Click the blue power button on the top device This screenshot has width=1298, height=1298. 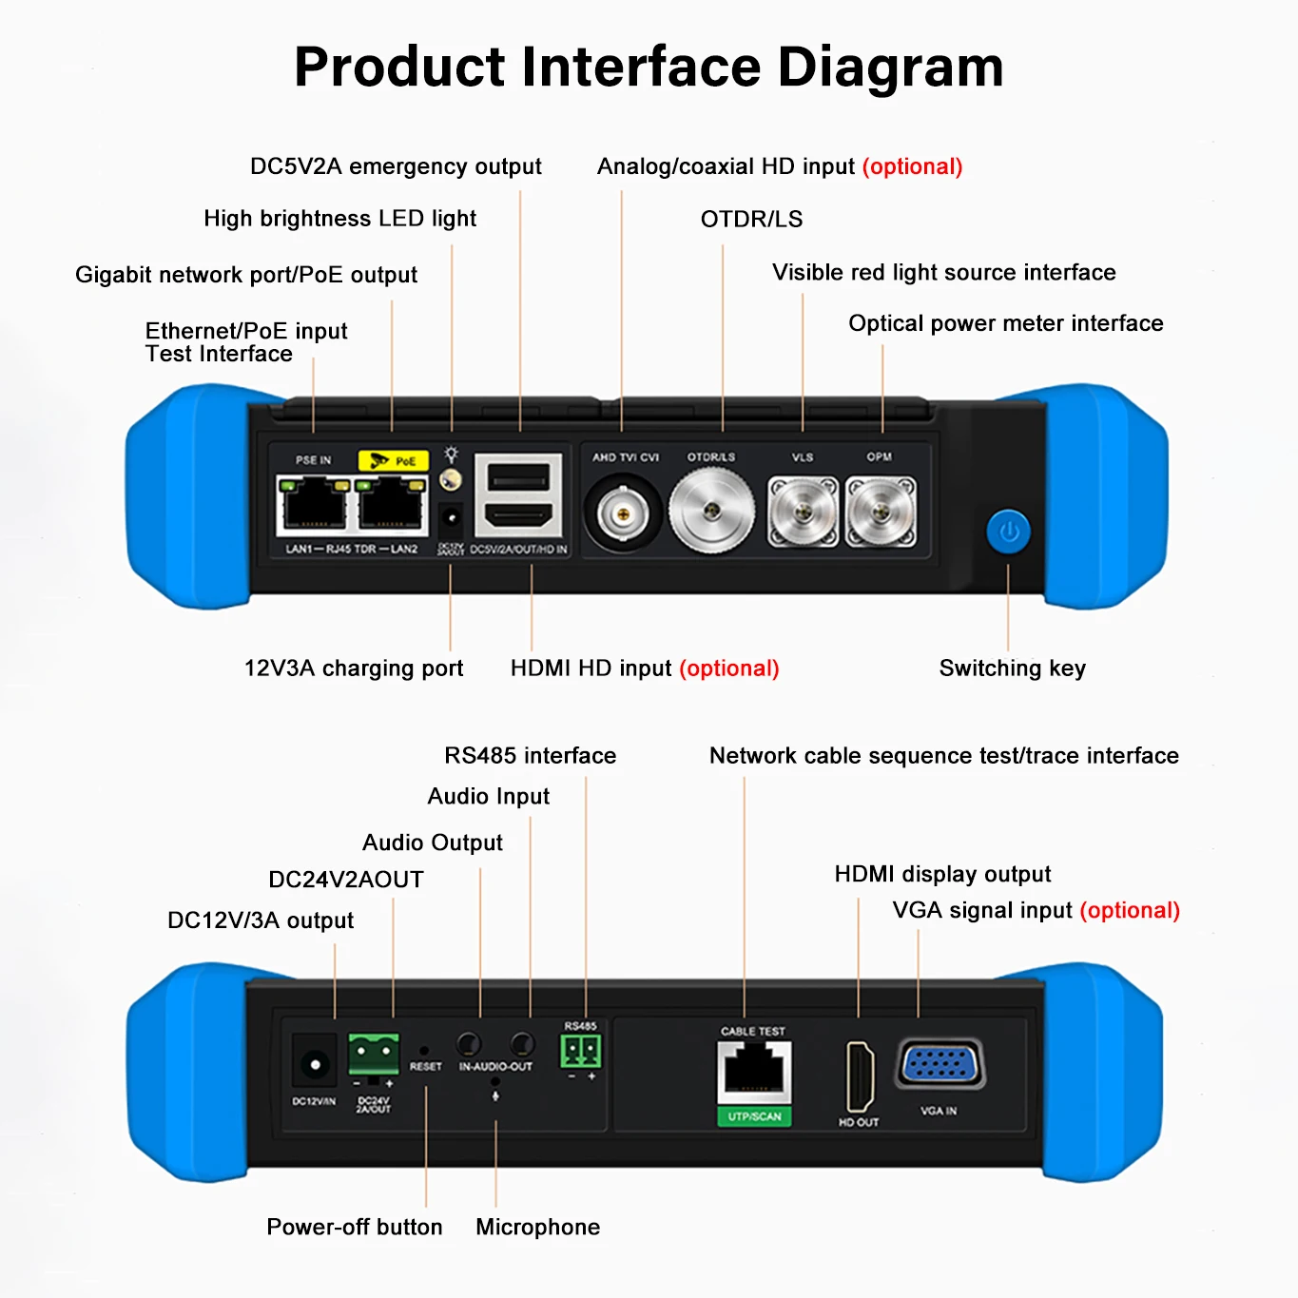[x=1009, y=533]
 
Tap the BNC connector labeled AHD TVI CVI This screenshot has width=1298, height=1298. [x=623, y=514]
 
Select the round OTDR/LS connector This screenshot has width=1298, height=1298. [x=711, y=512]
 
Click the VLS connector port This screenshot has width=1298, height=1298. [x=803, y=513]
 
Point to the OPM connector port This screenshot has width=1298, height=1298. [x=881, y=513]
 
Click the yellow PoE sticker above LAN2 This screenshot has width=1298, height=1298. [x=393, y=461]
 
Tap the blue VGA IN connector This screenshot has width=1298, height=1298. [x=940, y=1064]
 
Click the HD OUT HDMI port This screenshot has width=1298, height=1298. [x=860, y=1076]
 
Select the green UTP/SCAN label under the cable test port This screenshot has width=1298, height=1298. [x=754, y=1116]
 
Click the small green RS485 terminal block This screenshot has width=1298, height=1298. [x=580, y=1052]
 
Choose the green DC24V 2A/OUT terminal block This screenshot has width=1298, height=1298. [x=374, y=1055]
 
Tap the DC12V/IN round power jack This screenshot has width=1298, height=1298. [x=314, y=1062]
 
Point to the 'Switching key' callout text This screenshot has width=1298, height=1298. [x=1012, y=668]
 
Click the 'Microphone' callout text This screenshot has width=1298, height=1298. [x=537, y=1228]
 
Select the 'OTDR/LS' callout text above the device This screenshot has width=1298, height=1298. [x=751, y=220]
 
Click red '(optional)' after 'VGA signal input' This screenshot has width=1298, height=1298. [x=1130, y=911]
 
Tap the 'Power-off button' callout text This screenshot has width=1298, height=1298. [x=354, y=1228]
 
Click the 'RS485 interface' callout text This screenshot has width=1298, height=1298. [x=530, y=756]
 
